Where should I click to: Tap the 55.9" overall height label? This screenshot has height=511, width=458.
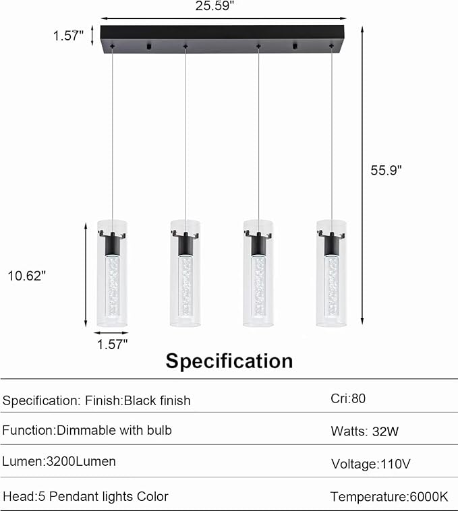tap(386, 171)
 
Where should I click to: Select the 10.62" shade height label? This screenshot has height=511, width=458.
tap(26, 275)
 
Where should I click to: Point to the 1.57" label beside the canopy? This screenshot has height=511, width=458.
tap(69, 35)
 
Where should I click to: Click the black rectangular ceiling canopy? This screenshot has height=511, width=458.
tap(222, 38)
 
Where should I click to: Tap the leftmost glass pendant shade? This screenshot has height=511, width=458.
tap(112, 272)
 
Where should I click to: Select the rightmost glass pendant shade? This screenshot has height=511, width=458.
tap(331, 272)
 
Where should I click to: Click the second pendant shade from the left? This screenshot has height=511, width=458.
tap(185, 272)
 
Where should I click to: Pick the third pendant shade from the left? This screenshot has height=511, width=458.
tap(258, 272)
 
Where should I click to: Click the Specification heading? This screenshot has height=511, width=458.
tap(229, 361)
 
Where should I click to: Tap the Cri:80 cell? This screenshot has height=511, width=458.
tap(348, 398)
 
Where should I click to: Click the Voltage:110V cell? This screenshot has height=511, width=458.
tap(370, 464)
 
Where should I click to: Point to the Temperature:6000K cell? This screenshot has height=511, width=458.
tap(389, 497)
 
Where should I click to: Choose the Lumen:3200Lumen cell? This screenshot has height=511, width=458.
tap(59, 462)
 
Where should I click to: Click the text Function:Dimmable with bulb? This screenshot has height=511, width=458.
tap(87, 430)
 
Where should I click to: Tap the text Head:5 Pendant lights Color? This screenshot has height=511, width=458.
tap(86, 497)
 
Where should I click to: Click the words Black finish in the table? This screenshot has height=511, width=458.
tap(156, 400)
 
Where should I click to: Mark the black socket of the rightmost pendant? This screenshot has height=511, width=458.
tap(331, 243)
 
